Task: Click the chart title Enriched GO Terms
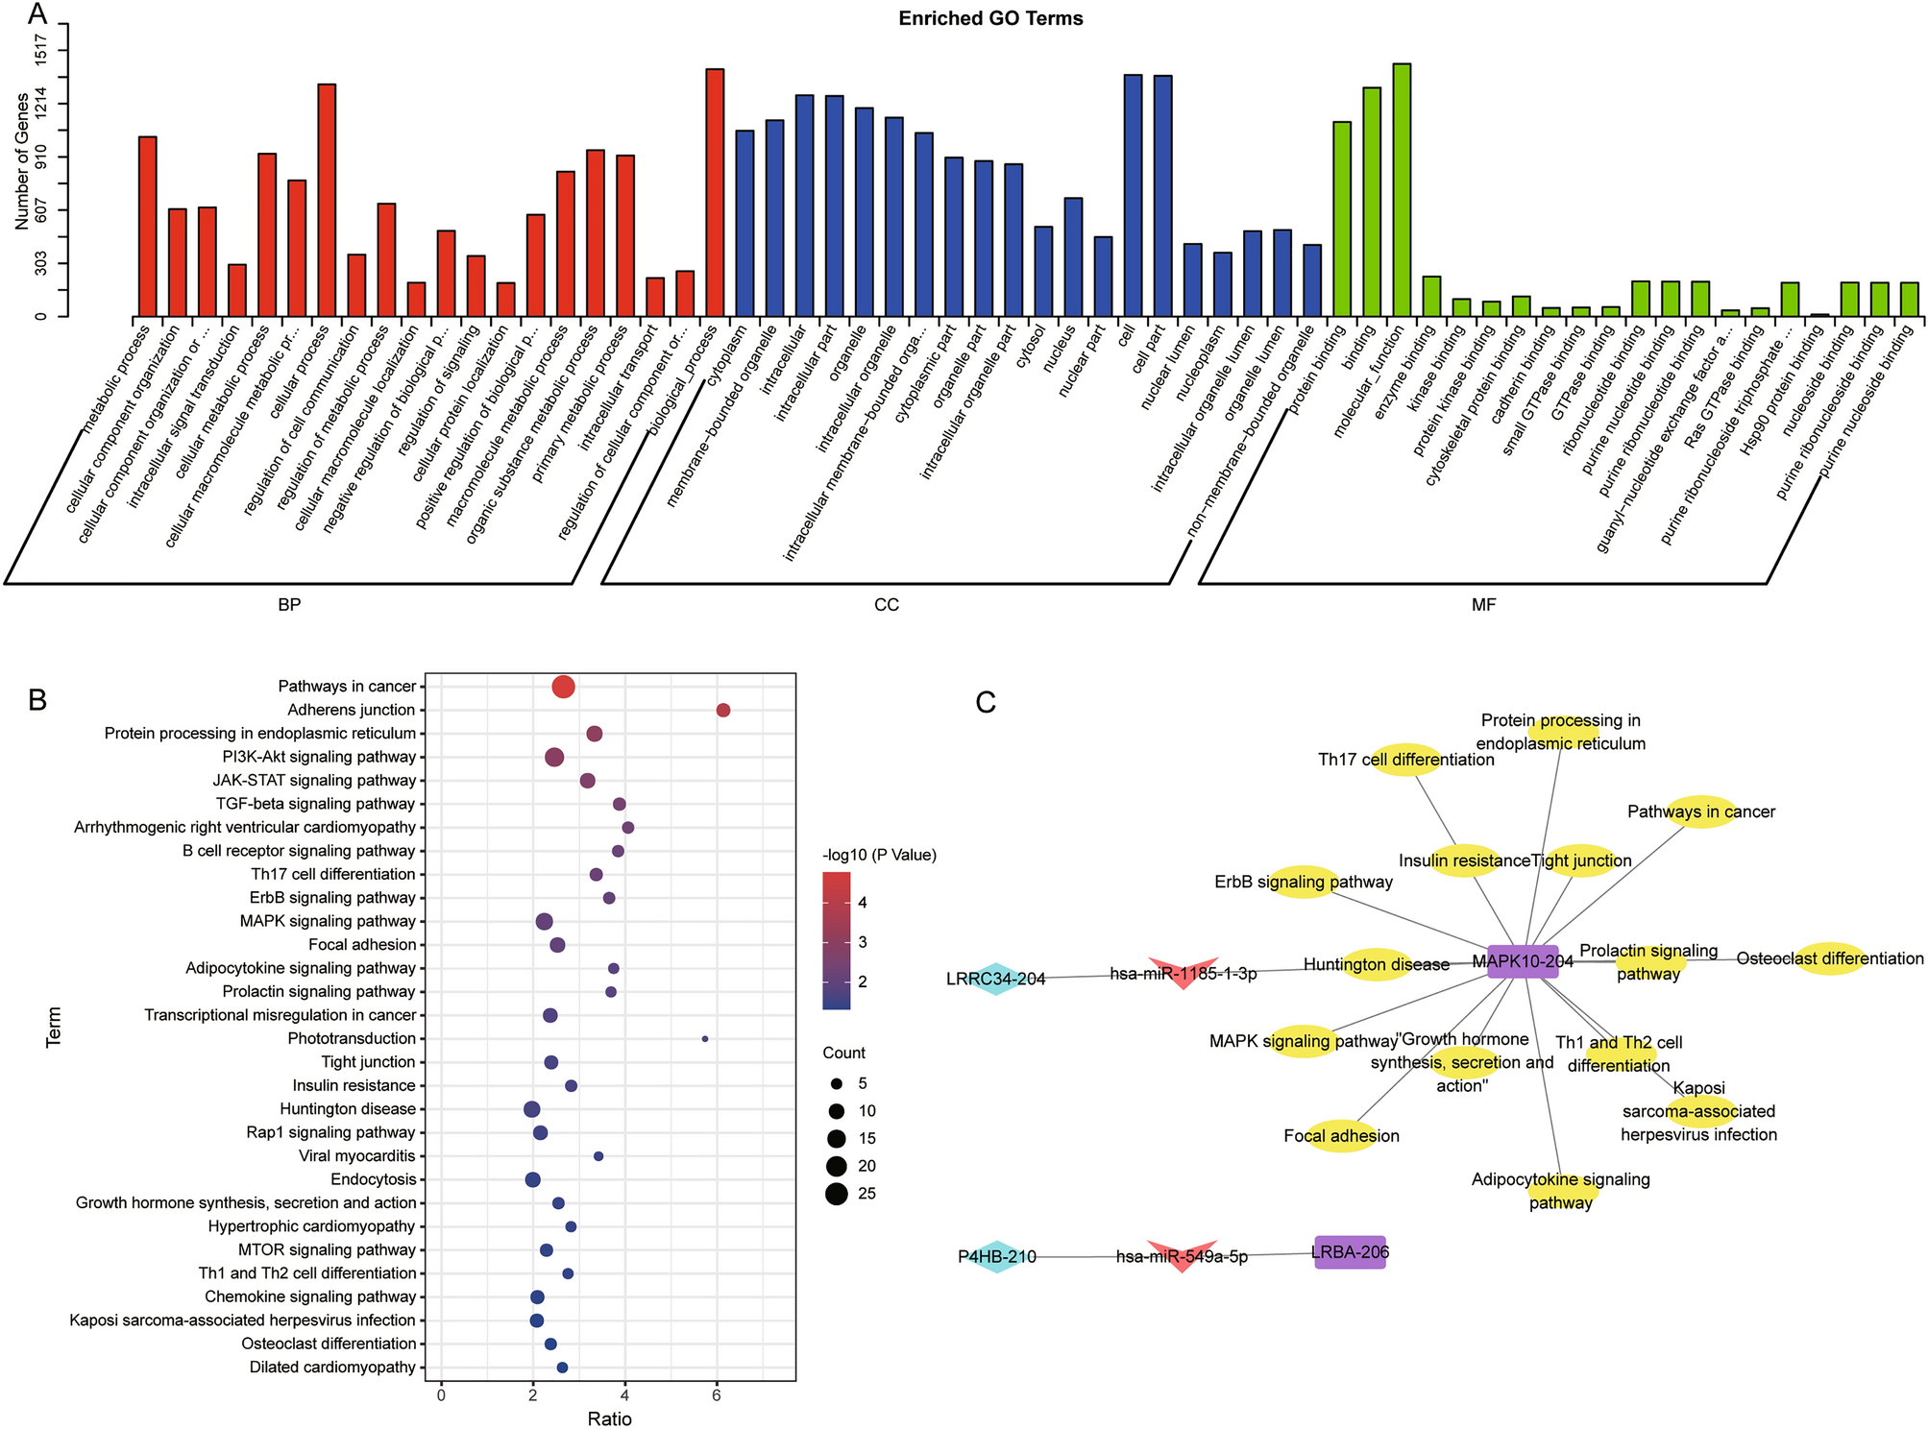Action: [x=990, y=18]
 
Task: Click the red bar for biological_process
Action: [x=715, y=192]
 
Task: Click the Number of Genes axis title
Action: [x=21, y=169]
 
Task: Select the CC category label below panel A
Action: [x=886, y=605]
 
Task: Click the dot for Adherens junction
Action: [x=723, y=711]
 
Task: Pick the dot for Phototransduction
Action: [x=705, y=1039]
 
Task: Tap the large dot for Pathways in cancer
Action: [x=564, y=687]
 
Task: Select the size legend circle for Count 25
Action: [x=836, y=1194]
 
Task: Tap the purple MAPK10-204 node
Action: [x=1523, y=961]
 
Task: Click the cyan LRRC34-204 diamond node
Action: [x=996, y=979]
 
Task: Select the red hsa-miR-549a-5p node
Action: [x=1182, y=1255]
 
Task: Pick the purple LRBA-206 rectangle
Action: [x=1350, y=1252]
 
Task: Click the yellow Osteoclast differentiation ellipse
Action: [x=1830, y=958]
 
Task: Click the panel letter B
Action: [x=38, y=700]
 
